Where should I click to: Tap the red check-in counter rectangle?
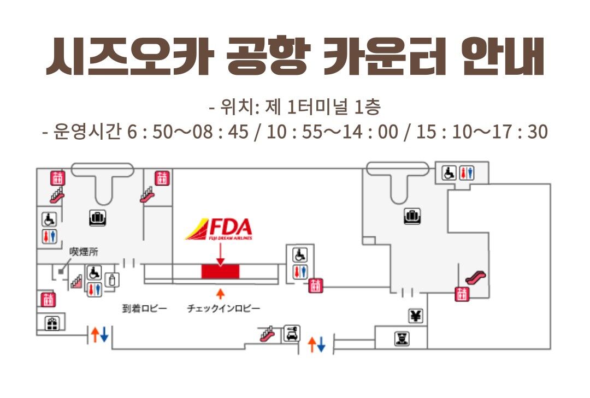click(220, 270)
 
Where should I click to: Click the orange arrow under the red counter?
click(220, 293)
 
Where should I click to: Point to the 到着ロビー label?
click(144, 308)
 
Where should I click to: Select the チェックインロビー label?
click(223, 308)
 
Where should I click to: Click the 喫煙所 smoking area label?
click(84, 252)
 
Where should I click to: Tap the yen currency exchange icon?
click(416, 315)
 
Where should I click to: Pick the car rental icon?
click(291, 332)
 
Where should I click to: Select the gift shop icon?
click(52, 323)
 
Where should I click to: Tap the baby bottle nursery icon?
click(113, 280)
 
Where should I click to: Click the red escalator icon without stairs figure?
click(474, 277)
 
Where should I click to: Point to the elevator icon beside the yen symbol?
click(462, 294)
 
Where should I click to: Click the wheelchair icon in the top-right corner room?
click(449, 173)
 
